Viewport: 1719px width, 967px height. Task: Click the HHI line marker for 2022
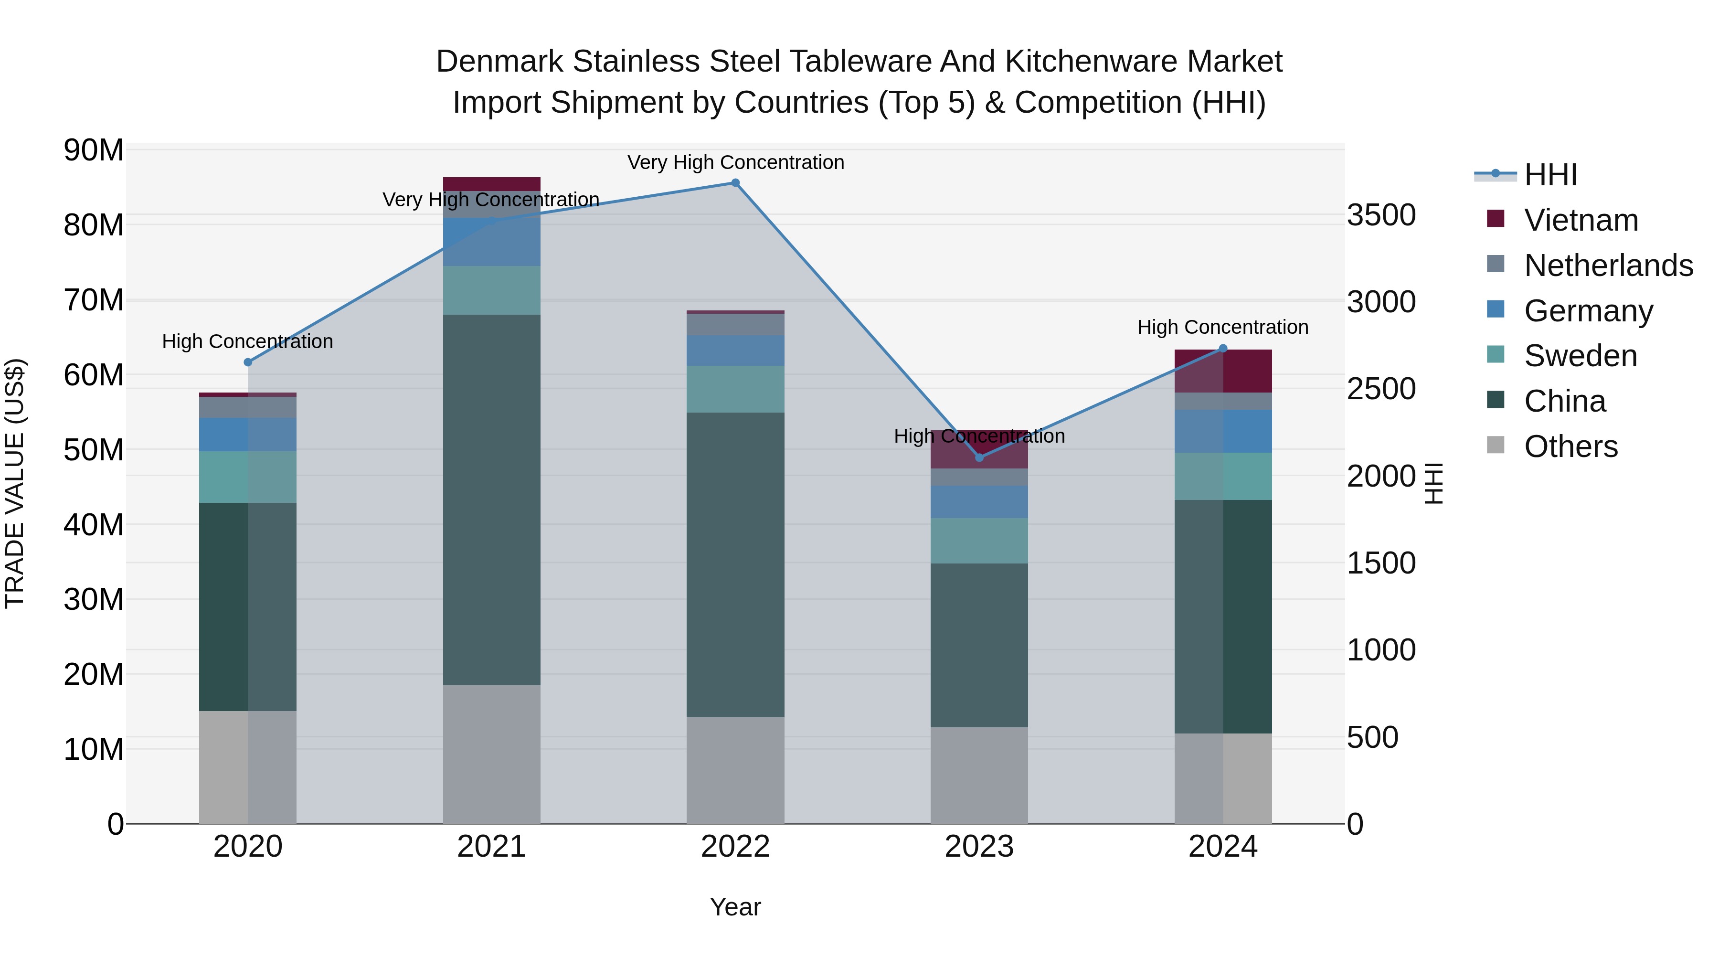[x=735, y=183]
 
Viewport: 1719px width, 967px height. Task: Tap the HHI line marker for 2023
[x=979, y=458]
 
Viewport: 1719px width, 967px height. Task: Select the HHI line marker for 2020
[x=247, y=362]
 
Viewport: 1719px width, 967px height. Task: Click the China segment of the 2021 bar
[x=491, y=500]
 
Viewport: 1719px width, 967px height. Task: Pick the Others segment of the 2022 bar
[x=735, y=770]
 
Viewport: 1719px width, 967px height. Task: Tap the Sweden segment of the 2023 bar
[x=979, y=541]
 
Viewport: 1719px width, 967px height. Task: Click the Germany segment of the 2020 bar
[x=247, y=435]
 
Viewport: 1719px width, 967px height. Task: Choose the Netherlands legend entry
[x=1608, y=266]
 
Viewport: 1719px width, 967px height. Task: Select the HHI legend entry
[x=1550, y=175]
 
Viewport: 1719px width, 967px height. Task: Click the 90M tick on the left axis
[x=94, y=151]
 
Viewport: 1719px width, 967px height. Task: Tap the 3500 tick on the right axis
[x=1380, y=215]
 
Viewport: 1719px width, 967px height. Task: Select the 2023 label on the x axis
[x=979, y=847]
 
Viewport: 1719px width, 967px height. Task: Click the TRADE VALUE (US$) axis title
[x=15, y=483]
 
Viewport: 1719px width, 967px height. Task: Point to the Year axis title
[x=735, y=907]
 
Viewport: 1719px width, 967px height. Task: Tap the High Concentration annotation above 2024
[x=1222, y=327]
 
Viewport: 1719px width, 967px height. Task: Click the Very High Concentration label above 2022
[x=735, y=162]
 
